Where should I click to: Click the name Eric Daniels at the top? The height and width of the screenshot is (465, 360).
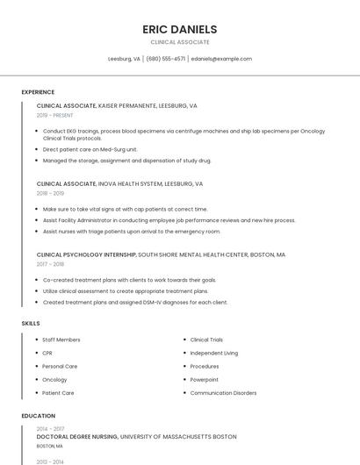coord(179,29)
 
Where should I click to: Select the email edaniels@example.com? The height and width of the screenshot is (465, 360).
coord(221,59)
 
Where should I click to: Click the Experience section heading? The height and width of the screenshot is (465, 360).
coord(38,92)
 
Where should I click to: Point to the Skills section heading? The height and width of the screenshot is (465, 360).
coord(31,324)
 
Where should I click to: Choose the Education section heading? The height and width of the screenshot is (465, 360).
coord(39,416)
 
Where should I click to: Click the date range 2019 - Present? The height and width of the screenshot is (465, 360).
coord(55,115)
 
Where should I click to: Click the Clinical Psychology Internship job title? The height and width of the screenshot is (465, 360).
coord(86,254)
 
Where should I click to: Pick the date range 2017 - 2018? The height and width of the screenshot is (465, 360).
coord(50,264)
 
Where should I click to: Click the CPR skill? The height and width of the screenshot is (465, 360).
coord(47,353)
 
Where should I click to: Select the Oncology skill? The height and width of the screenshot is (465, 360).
coord(54,380)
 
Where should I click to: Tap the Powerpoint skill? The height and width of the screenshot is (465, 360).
coord(205,380)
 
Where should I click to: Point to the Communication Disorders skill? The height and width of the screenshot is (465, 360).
coord(223,393)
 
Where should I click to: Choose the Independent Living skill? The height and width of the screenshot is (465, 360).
coord(213,353)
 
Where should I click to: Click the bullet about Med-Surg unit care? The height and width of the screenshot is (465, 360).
coord(90,149)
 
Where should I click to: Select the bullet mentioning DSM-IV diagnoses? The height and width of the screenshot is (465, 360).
coord(135,302)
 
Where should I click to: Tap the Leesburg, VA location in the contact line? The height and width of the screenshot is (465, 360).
coord(124,59)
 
